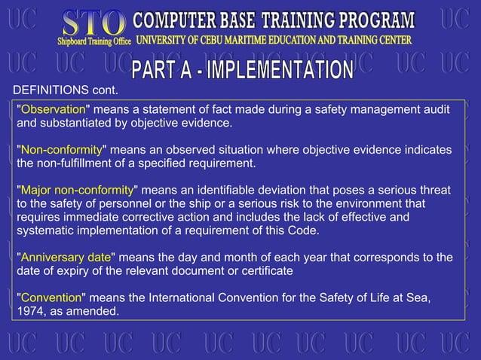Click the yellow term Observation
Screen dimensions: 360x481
point(53,110)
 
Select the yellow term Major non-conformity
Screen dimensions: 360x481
point(76,190)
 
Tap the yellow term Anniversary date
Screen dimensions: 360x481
point(66,258)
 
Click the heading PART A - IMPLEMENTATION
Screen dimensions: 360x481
point(243,71)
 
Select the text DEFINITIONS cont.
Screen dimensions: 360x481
point(66,91)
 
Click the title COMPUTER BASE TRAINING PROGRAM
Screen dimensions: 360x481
point(274,20)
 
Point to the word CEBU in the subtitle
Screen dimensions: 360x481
point(230,39)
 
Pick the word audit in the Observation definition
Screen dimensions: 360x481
point(435,110)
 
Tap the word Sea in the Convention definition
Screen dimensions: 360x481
point(418,297)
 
